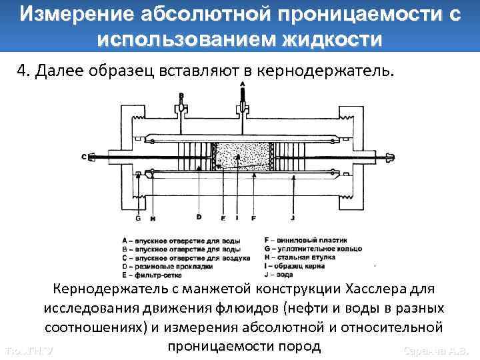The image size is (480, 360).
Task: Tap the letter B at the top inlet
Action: [181, 95]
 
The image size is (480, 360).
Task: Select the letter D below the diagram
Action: [199, 217]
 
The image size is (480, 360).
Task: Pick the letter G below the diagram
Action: [138, 217]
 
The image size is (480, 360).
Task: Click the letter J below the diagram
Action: [293, 217]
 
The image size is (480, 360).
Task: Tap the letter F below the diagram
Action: [253, 217]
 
